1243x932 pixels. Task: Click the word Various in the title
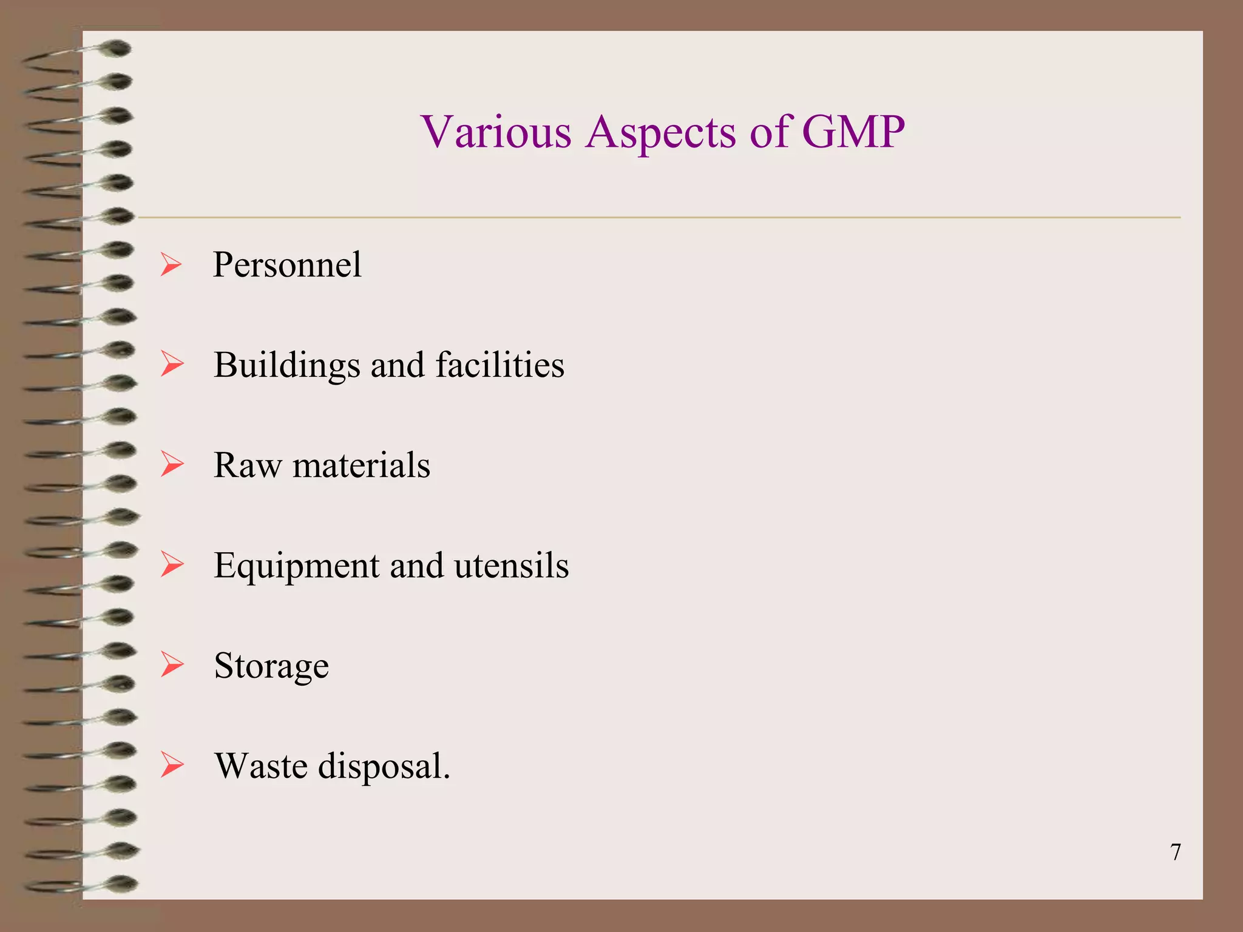[496, 132]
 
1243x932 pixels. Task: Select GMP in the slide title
[853, 132]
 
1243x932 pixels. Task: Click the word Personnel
[287, 265]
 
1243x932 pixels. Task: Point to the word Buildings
[286, 366]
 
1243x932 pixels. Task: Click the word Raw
[248, 465]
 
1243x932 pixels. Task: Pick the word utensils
[511, 566]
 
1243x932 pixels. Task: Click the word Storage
[271, 666]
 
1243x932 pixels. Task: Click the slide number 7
[1176, 853]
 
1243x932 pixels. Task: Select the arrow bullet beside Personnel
[171, 265]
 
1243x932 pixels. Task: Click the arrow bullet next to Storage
[172, 665]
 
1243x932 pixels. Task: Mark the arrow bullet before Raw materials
[172, 465]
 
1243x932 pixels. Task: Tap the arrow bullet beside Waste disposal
[172, 765]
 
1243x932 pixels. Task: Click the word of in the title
[770, 132]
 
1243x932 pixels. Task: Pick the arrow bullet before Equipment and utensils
[172, 565]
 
